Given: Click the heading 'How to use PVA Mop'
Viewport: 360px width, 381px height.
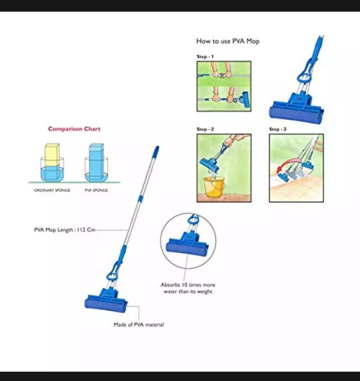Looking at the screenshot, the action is [x=228, y=41].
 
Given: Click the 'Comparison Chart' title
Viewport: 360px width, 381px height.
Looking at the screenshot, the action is [x=74, y=129].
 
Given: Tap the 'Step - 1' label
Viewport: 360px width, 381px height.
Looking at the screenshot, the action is [x=205, y=57].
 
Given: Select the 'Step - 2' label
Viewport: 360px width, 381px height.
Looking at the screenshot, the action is [x=205, y=129].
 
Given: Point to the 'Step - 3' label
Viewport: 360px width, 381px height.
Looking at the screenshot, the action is [x=278, y=129].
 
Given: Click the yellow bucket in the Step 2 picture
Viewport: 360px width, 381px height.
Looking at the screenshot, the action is [x=214, y=187].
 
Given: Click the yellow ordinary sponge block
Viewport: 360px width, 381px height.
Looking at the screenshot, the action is [x=52, y=155].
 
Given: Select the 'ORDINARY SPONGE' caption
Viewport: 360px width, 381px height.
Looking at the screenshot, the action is [x=52, y=190].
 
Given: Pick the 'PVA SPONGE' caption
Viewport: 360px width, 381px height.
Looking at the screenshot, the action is [x=96, y=190].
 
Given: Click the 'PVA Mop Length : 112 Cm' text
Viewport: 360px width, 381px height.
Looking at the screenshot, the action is [x=65, y=230].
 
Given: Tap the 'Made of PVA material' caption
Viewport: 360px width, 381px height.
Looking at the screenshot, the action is [x=139, y=324].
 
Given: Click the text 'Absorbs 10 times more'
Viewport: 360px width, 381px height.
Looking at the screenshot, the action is [x=188, y=285].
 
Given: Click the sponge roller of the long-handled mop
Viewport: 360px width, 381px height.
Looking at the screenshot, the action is [x=106, y=305].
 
